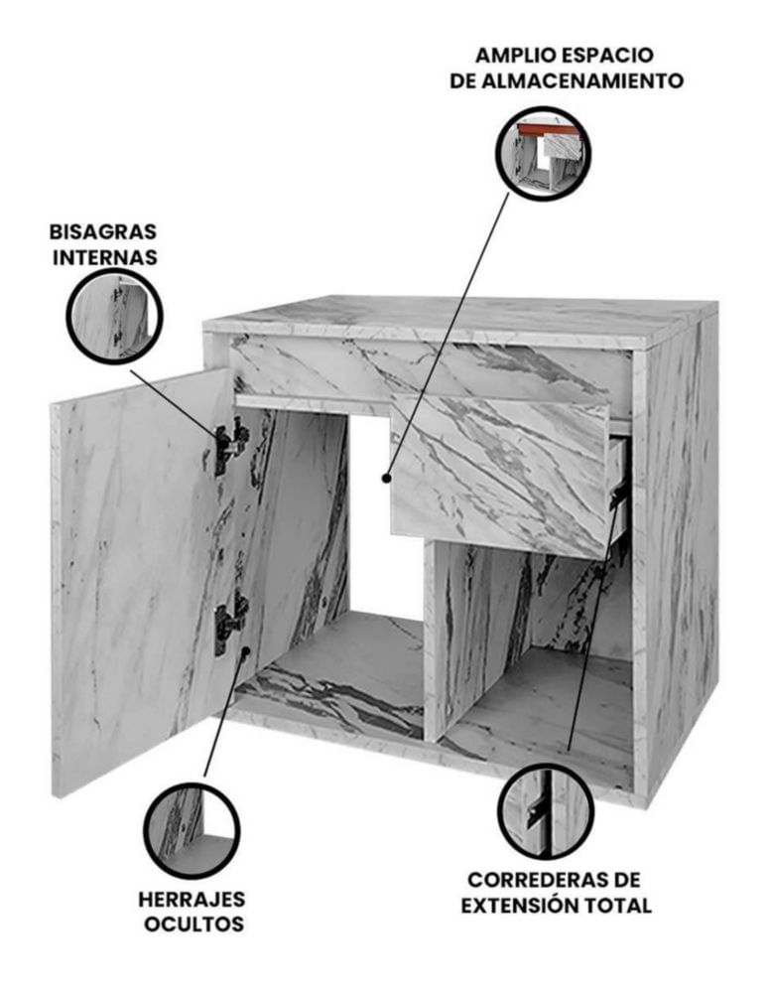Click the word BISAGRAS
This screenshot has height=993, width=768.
coord(103,231)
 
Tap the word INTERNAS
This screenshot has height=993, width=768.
coord(105,258)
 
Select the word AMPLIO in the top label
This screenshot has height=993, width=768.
coord(512,55)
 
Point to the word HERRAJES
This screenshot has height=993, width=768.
coord(192,900)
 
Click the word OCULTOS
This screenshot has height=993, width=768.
coord(193,923)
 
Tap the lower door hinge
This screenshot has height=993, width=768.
coord(230,624)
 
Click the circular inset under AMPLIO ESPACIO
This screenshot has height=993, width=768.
coord(544,154)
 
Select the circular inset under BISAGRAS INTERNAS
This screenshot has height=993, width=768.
coord(115,316)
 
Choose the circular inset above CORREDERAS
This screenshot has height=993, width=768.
coord(546,811)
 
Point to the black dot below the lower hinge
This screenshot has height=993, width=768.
coord(245,651)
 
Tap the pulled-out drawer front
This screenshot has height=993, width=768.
coord(500,475)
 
